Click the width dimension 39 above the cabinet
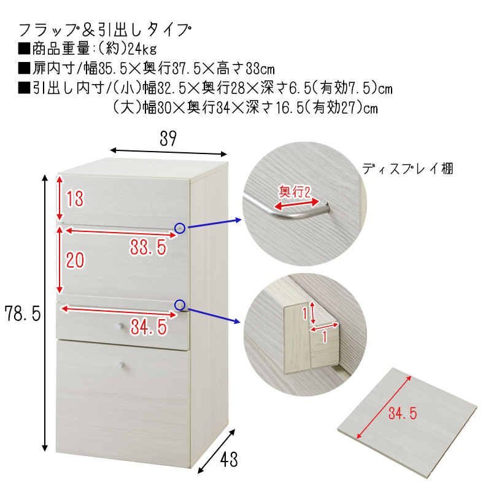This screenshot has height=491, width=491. pyautogui.click(x=168, y=139)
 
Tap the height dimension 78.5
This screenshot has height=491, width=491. pyautogui.click(x=23, y=314)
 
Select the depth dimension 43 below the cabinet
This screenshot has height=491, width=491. pyautogui.click(x=229, y=459)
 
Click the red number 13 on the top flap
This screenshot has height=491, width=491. pyautogui.click(x=75, y=199)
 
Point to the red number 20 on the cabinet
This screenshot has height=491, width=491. pyautogui.click(x=75, y=260)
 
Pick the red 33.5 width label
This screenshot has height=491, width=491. pyautogui.click(x=149, y=247)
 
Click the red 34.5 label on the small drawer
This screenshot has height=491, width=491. pyautogui.click(x=149, y=327)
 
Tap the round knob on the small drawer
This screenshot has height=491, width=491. pyautogui.click(x=119, y=327)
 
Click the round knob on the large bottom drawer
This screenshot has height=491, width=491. pyautogui.click(x=120, y=365)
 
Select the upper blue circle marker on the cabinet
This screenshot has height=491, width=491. pyautogui.click(x=180, y=228)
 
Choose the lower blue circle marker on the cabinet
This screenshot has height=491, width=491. pyautogui.click(x=180, y=305)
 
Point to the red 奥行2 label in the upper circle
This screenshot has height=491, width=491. pyautogui.click(x=295, y=191)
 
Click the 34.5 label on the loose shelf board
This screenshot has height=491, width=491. pyautogui.click(x=403, y=413)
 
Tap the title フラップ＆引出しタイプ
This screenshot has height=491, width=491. pyautogui.click(x=105, y=30)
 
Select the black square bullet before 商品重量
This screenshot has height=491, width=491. pyautogui.click(x=24, y=48)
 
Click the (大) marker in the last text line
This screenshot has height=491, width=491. pyautogui.click(x=128, y=108)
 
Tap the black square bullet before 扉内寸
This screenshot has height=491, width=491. pyautogui.click(x=24, y=68)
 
